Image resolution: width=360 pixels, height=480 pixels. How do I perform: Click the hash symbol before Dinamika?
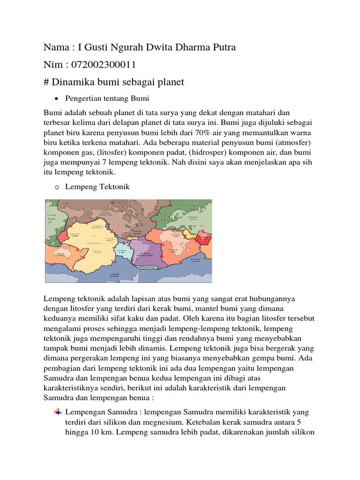[x=46, y=82]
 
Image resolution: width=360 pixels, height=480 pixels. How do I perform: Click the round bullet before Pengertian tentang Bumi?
[x=56, y=99]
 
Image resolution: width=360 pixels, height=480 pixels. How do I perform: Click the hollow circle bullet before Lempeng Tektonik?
[x=56, y=187]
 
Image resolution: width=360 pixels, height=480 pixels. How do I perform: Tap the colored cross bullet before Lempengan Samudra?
[x=58, y=412]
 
